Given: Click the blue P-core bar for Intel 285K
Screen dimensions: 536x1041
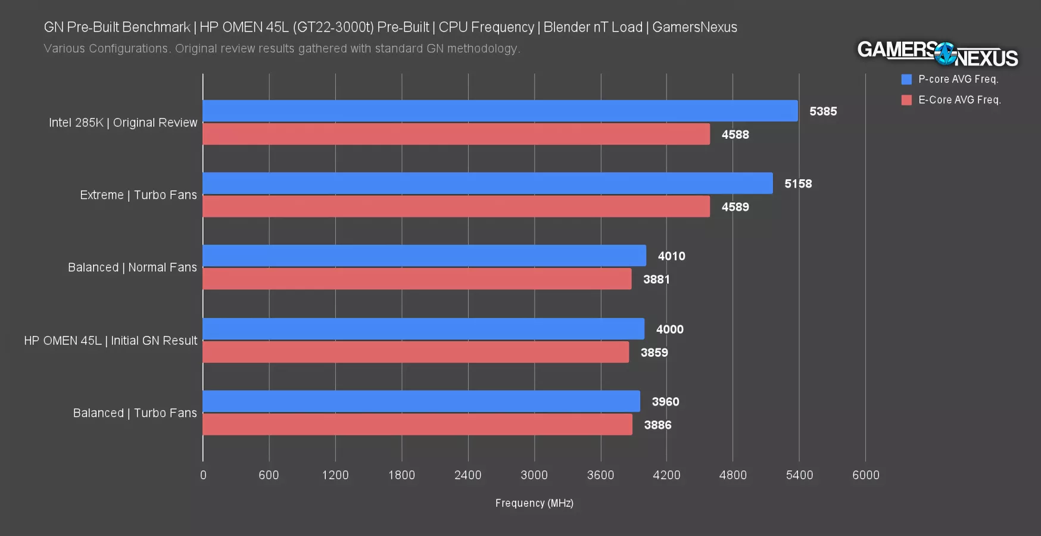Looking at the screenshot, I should pos(500,111).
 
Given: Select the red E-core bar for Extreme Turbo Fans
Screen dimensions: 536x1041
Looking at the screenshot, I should pos(456,207).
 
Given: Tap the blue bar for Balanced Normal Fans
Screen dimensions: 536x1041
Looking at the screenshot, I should pos(424,255).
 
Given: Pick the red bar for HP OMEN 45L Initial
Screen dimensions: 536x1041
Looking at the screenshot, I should pos(416,352).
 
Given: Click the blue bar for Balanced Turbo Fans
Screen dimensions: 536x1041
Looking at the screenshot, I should pos(421,401).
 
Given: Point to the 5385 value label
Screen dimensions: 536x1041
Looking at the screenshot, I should pos(823,111).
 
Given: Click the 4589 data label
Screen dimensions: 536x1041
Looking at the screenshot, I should pos(735,207).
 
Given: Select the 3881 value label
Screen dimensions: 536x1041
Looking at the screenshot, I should pos(656,279).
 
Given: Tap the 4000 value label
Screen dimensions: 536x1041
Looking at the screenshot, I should pos(670,329).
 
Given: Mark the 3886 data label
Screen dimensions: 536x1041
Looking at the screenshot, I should pos(657,425).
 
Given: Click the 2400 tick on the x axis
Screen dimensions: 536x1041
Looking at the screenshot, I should pos(467,475).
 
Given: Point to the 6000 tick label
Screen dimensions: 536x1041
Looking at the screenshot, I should pos(865,475).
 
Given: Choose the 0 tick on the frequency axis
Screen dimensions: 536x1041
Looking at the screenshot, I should pos(203,475).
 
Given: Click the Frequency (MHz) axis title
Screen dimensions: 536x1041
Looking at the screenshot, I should pos(534,503).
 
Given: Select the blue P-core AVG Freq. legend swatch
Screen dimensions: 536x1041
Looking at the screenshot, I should pos(906,79).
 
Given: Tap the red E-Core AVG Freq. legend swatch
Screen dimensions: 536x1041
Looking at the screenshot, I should pos(906,100).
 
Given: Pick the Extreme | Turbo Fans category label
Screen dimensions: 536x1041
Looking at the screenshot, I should pos(138,195).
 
